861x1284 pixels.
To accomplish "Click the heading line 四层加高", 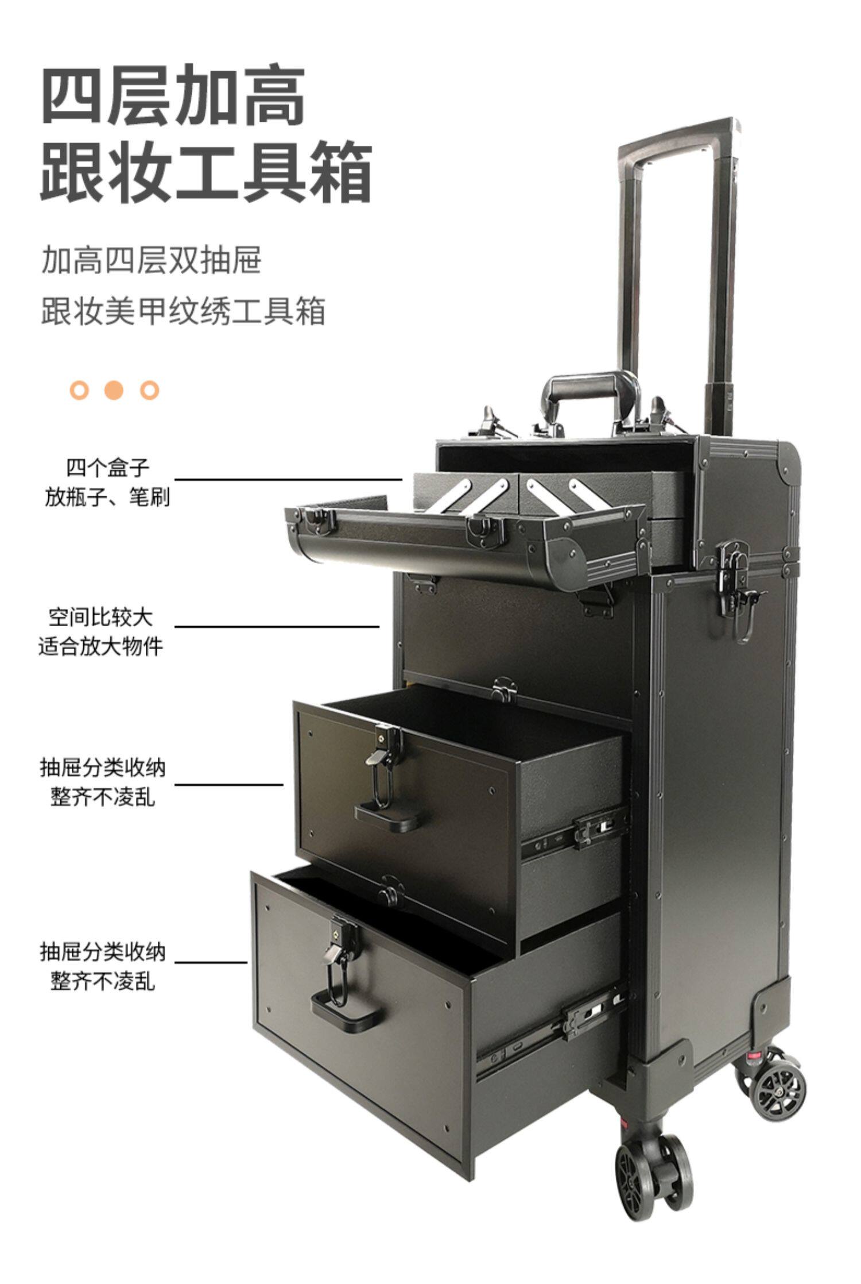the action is (x=173, y=95).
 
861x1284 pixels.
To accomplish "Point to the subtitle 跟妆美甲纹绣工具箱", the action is (x=183, y=311).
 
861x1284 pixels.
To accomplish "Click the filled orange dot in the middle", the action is (x=114, y=391).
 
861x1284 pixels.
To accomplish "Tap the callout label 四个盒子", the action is (x=107, y=468).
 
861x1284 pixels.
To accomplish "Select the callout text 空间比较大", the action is (x=100, y=618).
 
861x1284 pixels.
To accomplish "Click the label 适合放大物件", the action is (x=100, y=646).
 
